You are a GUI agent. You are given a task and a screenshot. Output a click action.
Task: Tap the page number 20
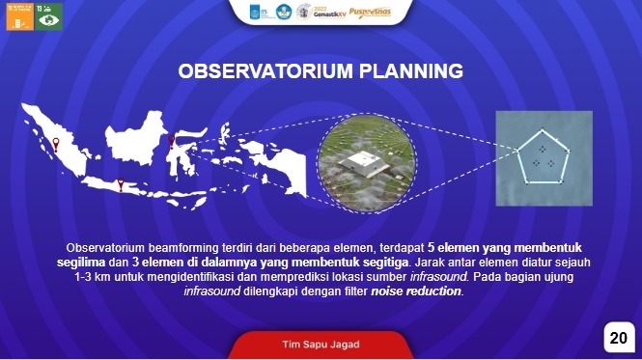pos(618,338)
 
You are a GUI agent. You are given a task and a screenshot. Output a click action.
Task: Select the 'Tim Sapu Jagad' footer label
pos(321,343)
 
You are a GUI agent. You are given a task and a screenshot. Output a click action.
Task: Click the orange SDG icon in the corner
pos(19,15)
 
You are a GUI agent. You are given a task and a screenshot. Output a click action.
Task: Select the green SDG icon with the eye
pos(49,15)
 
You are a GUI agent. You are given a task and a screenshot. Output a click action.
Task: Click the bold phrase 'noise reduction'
pos(416,291)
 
